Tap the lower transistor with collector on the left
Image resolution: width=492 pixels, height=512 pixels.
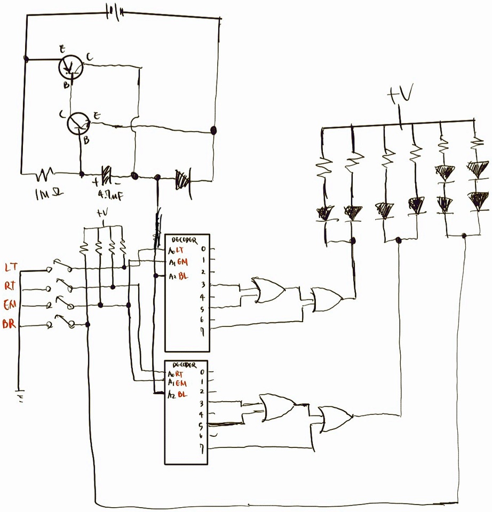pos(80,124)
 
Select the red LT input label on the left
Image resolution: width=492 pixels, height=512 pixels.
pos(12,266)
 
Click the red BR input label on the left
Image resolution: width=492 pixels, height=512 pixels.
pos(10,324)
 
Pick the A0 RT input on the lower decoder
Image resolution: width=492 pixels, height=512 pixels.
pos(176,374)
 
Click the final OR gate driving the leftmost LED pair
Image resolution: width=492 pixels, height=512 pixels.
pos(326,300)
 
